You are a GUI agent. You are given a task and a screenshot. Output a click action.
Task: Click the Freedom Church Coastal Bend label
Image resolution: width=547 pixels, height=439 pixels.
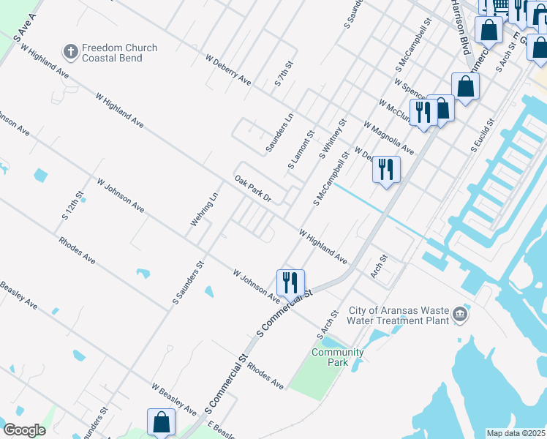pyautogui.click(x=119, y=53)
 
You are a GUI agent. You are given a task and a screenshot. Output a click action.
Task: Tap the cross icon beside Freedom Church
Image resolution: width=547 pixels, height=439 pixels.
pyautogui.click(x=70, y=51)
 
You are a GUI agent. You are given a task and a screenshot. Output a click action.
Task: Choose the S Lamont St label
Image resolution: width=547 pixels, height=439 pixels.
pyautogui.click(x=301, y=150)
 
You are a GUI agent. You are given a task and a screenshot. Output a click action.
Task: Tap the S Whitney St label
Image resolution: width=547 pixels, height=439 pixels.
pyautogui.click(x=332, y=140)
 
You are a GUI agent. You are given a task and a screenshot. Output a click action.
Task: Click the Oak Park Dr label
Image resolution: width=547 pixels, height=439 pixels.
pyautogui.click(x=252, y=189)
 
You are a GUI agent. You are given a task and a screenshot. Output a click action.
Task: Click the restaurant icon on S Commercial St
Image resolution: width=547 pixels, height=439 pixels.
pyautogui.click(x=290, y=282)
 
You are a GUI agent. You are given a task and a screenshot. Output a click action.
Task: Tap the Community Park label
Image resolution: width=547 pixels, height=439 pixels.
pyautogui.click(x=337, y=357)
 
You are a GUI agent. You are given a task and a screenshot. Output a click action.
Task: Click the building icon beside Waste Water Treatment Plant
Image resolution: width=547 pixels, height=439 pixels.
pyautogui.click(x=460, y=315)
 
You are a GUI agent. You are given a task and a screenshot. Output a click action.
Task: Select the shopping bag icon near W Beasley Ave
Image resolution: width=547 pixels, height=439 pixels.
pyautogui.click(x=161, y=422)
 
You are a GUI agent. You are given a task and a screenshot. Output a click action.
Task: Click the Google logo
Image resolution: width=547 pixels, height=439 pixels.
pyautogui.click(x=24, y=430)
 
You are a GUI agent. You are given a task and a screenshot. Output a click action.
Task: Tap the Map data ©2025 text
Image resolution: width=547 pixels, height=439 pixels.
pyautogui.click(x=516, y=433)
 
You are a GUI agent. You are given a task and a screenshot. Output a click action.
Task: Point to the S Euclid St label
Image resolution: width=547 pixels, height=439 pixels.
pyautogui.click(x=483, y=134)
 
